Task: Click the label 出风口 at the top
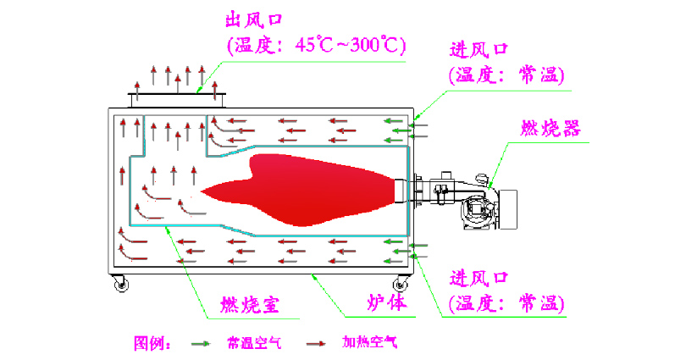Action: [254, 19]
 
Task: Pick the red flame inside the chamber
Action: [313, 191]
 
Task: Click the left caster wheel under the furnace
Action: [122, 285]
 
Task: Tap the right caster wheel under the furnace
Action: [399, 285]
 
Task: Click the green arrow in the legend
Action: [201, 343]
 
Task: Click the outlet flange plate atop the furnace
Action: [177, 93]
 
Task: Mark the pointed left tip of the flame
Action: [203, 193]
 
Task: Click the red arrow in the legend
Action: [318, 343]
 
